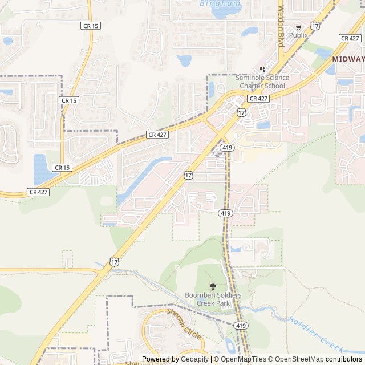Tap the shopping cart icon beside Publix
(x=298, y=27)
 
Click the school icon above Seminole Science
(x=262, y=68)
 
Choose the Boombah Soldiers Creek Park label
(x=213, y=299)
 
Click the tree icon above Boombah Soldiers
(x=213, y=286)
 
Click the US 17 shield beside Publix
(x=315, y=25)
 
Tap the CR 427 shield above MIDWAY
(x=350, y=38)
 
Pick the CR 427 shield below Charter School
(x=258, y=98)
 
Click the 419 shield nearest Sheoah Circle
(x=240, y=326)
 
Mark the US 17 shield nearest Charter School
(x=242, y=112)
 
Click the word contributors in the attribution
(x=343, y=359)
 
